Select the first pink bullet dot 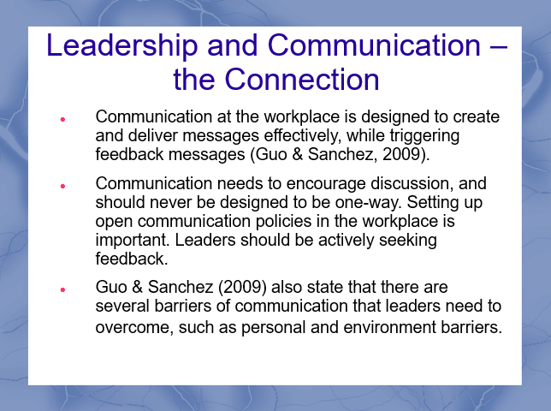[62, 120]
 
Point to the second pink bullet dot [62, 186]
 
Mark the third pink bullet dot [62, 290]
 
